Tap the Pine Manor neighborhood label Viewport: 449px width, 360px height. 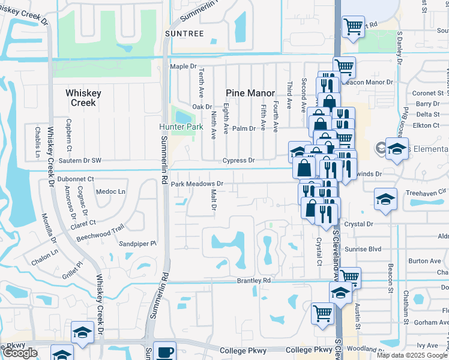(250, 93)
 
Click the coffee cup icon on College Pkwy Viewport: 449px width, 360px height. (164, 352)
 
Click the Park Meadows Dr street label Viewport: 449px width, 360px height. (197, 184)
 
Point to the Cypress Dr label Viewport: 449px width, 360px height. (239, 161)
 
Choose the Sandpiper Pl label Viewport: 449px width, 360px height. (137, 244)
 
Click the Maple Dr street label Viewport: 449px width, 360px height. (184, 67)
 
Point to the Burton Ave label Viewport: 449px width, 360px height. (424, 261)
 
